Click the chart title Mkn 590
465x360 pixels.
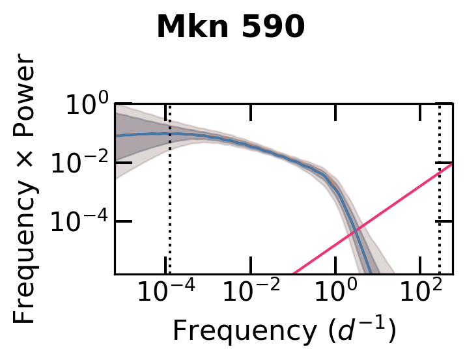231,28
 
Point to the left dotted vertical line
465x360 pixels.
169,195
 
